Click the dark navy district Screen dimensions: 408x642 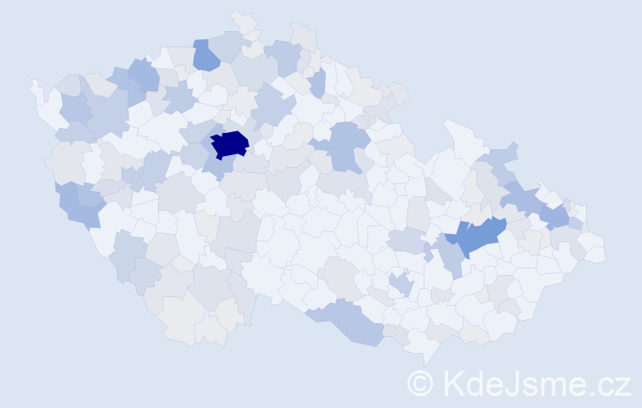click(x=230, y=144)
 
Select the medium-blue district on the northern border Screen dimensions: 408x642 click(x=205, y=54)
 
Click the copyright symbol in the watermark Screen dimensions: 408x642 click(x=420, y=382)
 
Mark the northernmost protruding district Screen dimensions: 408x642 click(x=243, y=20)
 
